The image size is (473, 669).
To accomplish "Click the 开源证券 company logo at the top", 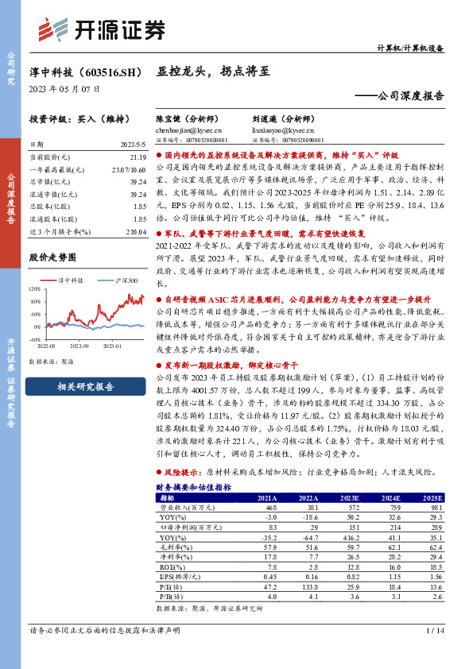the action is pyautogui.click(x=101, y=31).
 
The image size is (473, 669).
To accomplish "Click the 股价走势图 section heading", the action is pyautogui.click(x=52, y=257).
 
